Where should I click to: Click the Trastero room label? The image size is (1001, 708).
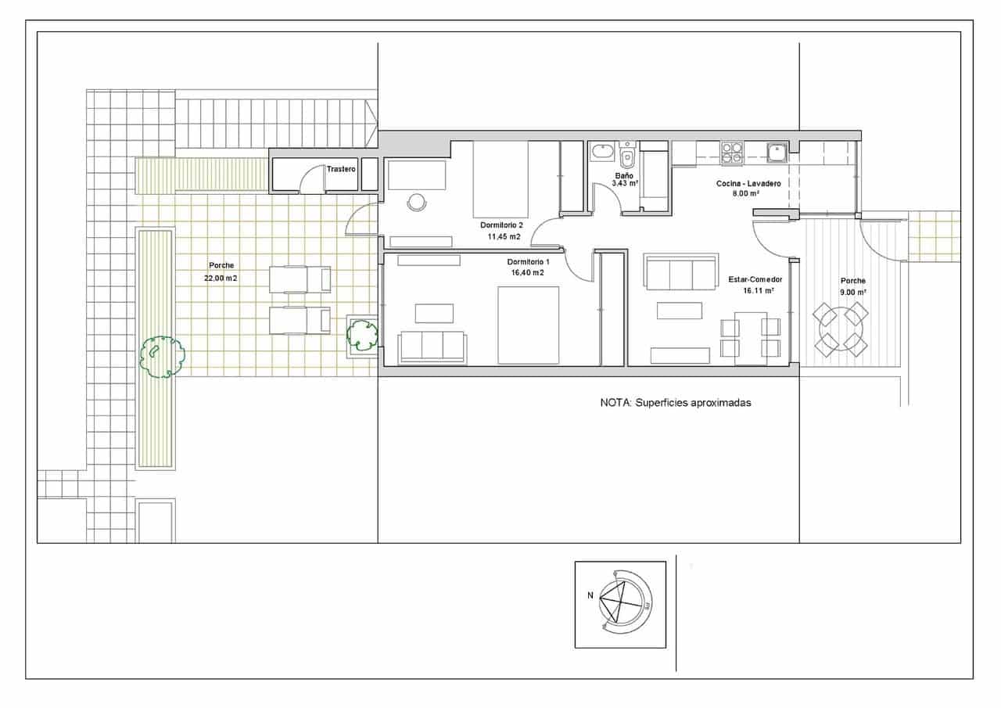[x=341, y=169]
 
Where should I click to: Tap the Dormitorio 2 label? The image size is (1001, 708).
[x=501, y=225]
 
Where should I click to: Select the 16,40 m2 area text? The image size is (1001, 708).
[x=527, y=273]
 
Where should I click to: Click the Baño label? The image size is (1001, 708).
[x=623, y=176]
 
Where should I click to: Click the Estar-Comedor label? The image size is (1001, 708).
[x=755, y=279]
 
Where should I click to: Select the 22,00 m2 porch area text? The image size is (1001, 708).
[x=221, y=278]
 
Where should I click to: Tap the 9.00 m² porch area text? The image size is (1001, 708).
[x=852, y=292]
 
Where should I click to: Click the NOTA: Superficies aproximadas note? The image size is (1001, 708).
[x=675, y=403]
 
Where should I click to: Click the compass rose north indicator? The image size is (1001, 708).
[x=590, y=595]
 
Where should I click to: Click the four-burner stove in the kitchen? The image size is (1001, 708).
[x=732, y=153]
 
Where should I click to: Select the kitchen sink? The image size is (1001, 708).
[x=776, y=152]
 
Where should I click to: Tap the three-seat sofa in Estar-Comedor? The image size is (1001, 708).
[x=680, y=273]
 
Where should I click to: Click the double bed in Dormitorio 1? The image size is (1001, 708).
[x=529, y=325]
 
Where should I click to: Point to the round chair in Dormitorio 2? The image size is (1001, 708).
[x=416, y=202]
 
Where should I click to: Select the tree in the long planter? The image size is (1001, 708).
[x=161, y=357]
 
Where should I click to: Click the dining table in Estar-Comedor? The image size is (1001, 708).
[x=750, y=338]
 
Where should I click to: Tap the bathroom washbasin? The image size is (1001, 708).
[x=601, y=151]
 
